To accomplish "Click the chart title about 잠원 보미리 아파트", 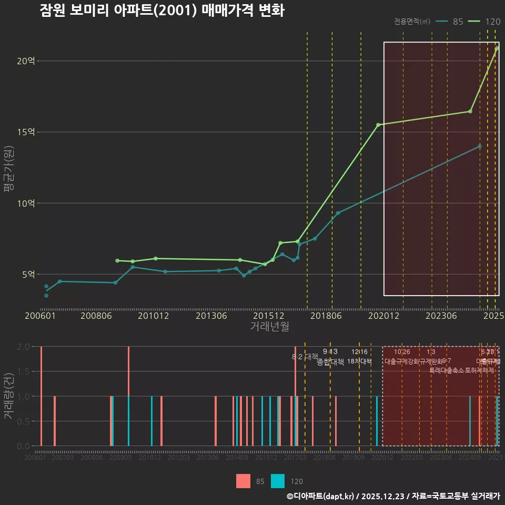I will pyautogui.click(x=162, y=11).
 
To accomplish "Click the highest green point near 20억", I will pyautogui.click(x=497, y=48).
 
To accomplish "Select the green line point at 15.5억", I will pyautogui.click(x=378, y=125).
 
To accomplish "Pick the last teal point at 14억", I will pyautogui.click(x=480, y=146).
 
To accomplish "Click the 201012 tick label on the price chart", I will pyautogui.click(x=153, y=316).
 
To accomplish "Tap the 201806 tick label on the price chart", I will pyautogui.click(x=326, y=316).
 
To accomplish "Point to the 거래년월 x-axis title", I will pyautogui.click(x=269, y=327).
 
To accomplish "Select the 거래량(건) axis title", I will pyautogui.click(x=8, y=396).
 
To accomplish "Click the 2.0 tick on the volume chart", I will pyautogui.click(x=23, y=347).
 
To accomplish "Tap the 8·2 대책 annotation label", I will pyautogui.click(x=305, y=357).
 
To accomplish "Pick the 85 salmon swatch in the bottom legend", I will pyautogui.click(x=243, y=481).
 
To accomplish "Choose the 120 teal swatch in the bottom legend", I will pyautogui.click(x=278, y=481).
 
